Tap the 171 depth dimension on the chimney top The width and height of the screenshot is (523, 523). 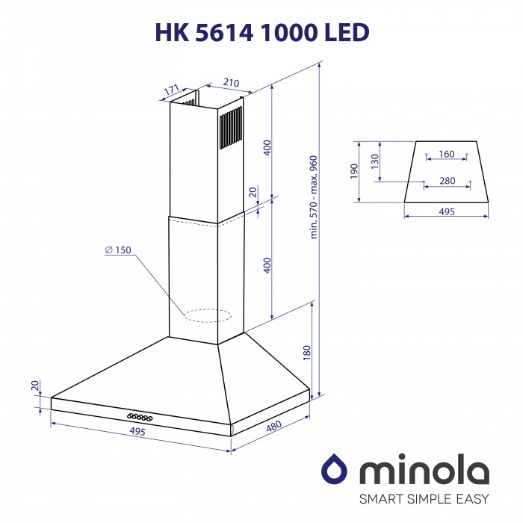pos(172,90)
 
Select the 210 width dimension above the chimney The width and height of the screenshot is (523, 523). pos(231,83)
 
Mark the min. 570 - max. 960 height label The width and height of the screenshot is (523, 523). pos(314,196)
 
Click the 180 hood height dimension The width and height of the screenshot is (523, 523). pos(306,353)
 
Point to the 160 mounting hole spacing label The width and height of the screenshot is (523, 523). pos(446,155)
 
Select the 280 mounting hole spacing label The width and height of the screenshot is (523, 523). pos(447,181)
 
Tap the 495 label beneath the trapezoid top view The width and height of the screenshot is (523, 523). pos(446,212)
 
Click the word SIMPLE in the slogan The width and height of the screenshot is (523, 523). pos(430,498)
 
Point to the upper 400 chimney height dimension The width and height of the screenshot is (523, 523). pos(267,147)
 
